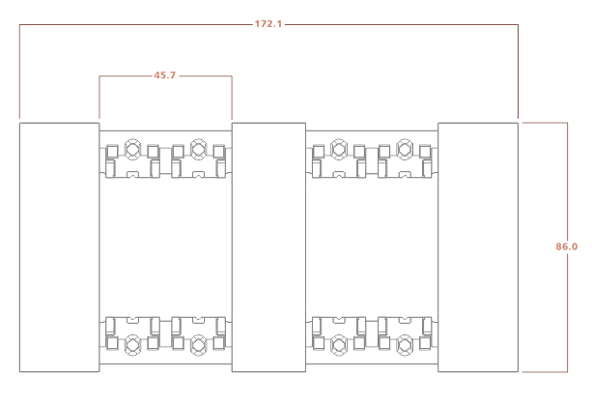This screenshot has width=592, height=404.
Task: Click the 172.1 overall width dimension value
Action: [268, 24]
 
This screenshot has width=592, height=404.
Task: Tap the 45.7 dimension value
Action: [164, 75]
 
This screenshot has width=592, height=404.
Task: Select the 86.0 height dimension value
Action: [566, 246]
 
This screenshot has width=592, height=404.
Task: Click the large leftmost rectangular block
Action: [60, 247]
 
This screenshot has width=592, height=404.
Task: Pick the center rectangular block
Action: [268, 247]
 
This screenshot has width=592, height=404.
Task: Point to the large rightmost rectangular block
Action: [478, 247]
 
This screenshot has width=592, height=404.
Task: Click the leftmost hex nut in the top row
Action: [132, 149]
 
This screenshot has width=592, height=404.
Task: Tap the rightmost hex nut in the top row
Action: [405, 149]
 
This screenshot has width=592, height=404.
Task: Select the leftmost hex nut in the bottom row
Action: [132, 345]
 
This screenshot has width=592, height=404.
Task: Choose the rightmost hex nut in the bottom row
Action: [405, 345]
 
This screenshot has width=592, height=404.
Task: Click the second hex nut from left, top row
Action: [198, 149]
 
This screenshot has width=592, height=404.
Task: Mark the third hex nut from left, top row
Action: [339, 149]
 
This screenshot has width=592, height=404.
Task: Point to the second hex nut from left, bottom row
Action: [198, 345]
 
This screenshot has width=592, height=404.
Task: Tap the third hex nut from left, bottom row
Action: [339, 345]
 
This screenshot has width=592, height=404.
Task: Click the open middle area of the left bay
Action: [166, 247]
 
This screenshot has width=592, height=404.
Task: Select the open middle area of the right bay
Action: [372, 247]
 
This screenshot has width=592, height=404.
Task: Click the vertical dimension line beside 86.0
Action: [567, 247]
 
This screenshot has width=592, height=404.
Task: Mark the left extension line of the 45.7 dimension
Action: [99, 98]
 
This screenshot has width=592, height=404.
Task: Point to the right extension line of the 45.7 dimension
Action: [232, 98]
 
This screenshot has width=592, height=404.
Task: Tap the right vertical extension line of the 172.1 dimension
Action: [518, 72]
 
